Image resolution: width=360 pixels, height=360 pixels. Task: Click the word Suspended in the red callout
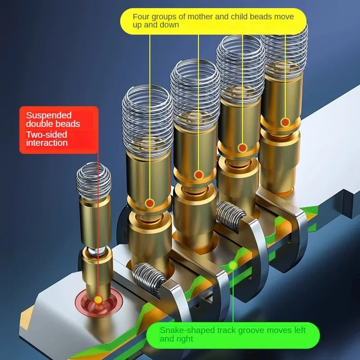pyautogui.click(x=49, y=116)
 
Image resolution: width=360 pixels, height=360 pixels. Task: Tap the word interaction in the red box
pyautogui.click(x=47, y=143)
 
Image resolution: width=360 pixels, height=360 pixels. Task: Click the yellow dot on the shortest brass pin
pyautogui.click(x=98, y=300)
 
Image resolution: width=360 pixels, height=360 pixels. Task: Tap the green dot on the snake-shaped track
pyautogui.click(x=233, y=265)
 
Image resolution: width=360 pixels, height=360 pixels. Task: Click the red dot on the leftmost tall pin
pyautogui.click(x=150, y=203)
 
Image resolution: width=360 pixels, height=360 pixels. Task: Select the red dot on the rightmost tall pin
pyautogui.click(x=285, y=122)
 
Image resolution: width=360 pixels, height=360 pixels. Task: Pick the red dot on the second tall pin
pyautogui.click(x=198, y=175)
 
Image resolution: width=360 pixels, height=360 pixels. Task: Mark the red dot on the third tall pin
pyautogui.click(x=243, y=148)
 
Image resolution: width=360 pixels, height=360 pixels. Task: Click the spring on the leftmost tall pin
pyautogui.click(x=148, y=121)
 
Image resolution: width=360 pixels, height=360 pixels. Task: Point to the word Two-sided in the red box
pyautogui.click(x=46, y=135)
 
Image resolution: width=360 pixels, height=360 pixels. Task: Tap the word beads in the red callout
pyautogui.click(x=69, y=124)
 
